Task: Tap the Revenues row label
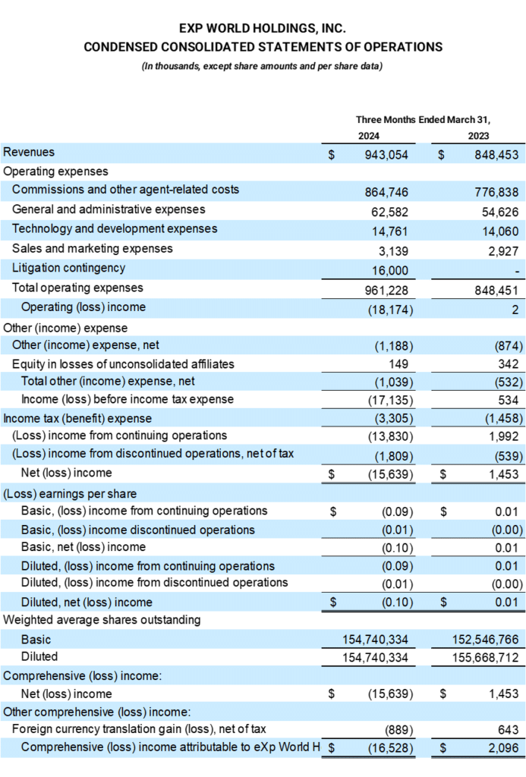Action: pyautogui.click(x=29, y=152)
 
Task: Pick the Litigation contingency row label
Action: pyautogui.click(x=68, y=268)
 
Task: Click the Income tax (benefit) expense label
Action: pyautogui.click(x=77, y=418)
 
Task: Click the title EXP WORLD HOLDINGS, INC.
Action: pyautogui.click(x=263, y=28)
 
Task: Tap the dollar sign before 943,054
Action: pyautogui.click(x=331, y=154)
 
